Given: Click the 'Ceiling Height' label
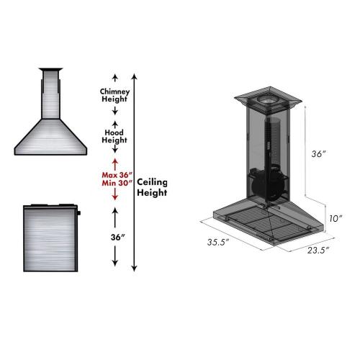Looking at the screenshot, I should coord(152,188).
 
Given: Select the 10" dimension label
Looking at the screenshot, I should coord(334,217).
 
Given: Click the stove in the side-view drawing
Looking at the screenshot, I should coord(50,238).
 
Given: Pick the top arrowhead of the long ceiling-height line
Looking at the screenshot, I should coord(135,74).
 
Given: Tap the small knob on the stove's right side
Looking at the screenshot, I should coord(80,212).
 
